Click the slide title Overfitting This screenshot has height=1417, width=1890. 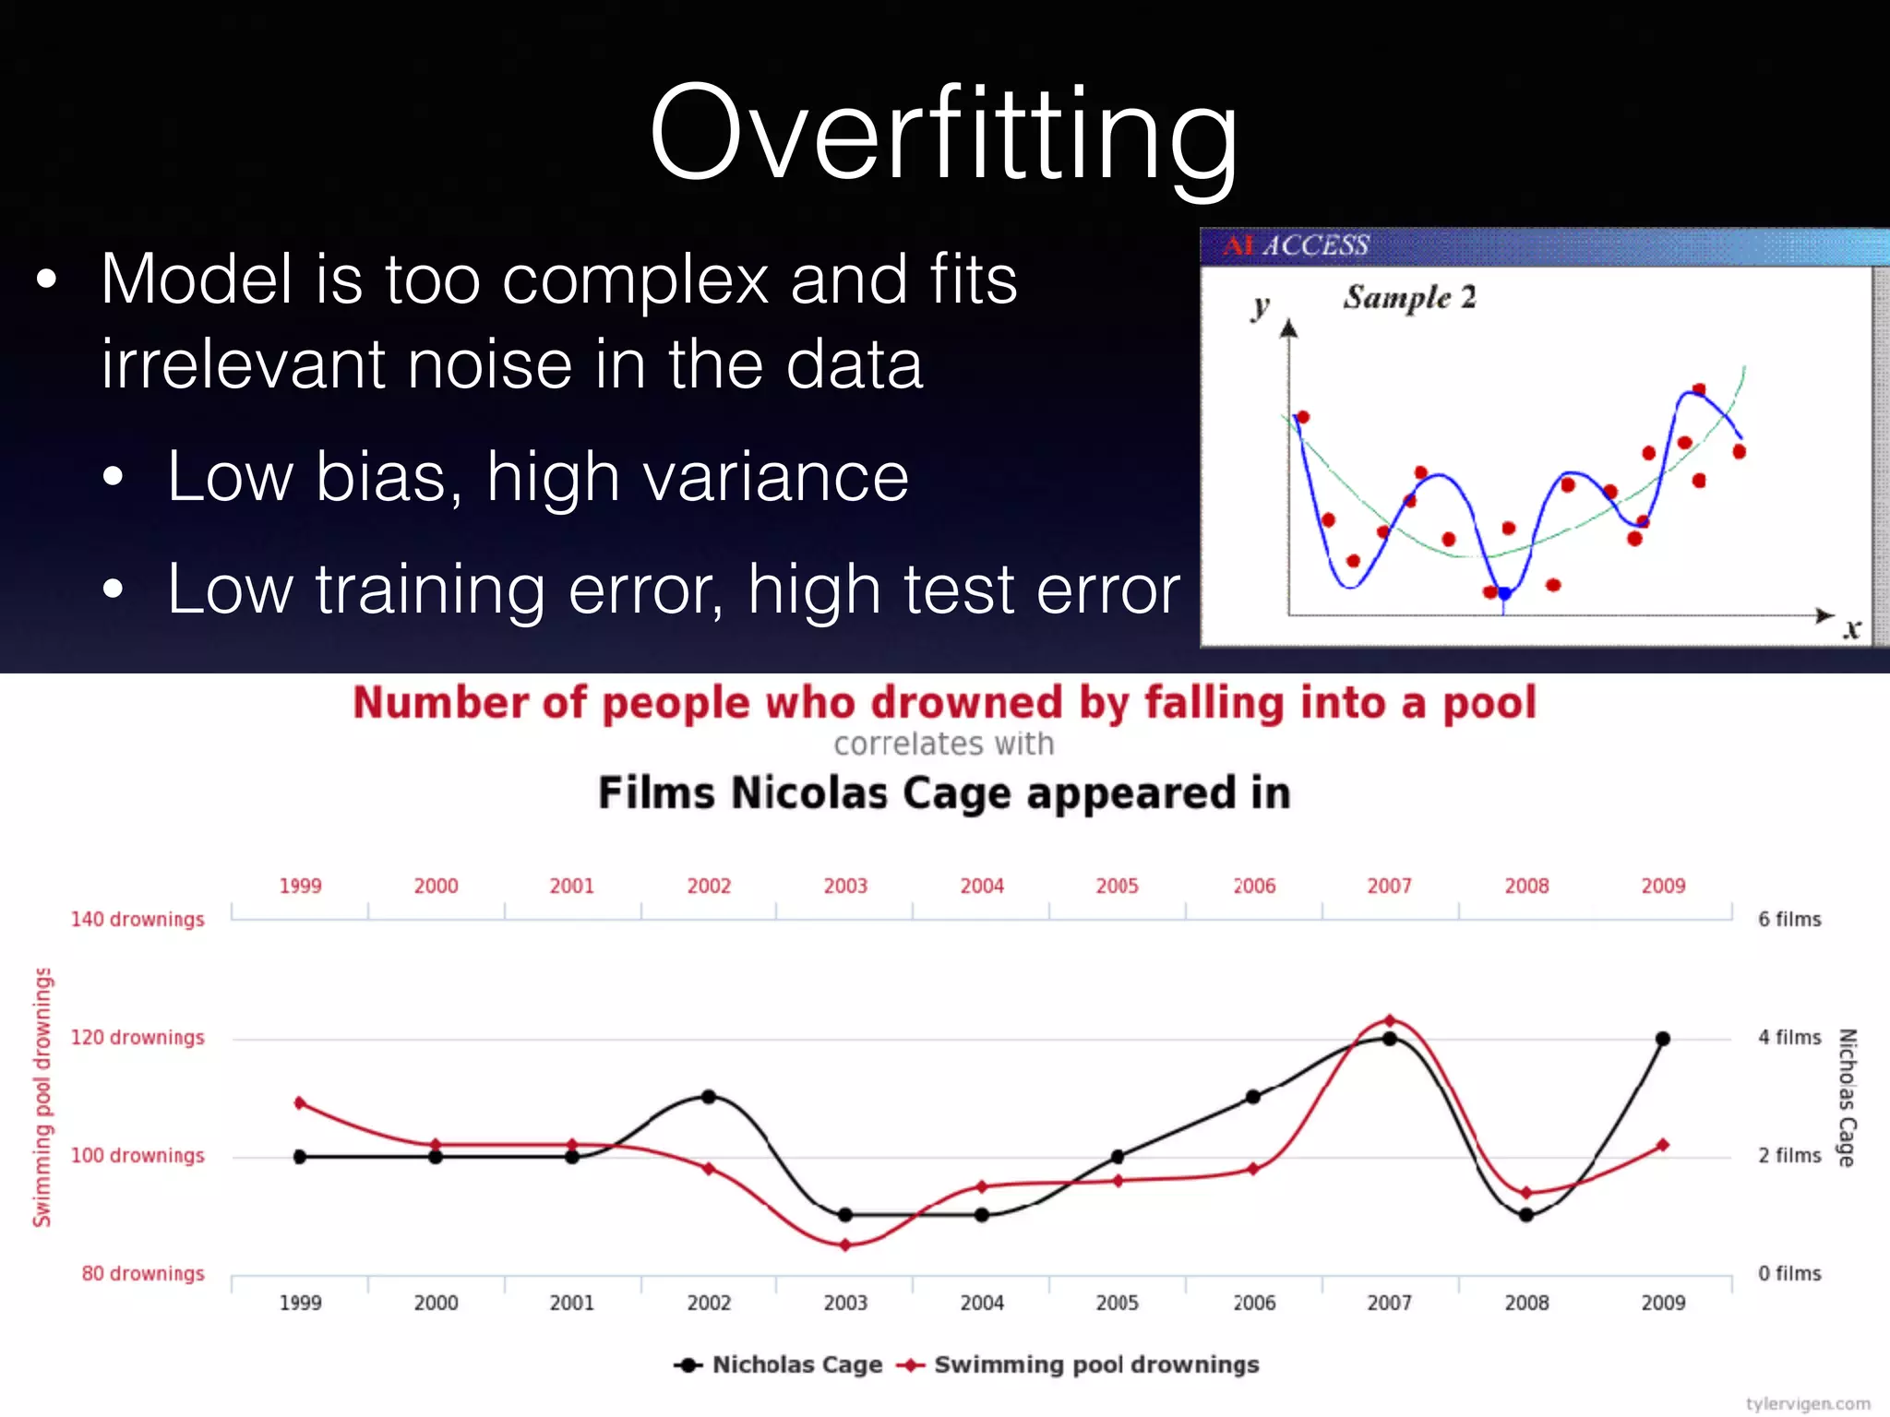pyautogui.click(x=943, y=134)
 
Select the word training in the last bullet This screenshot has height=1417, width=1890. pyautogui.click(x=431, y=589)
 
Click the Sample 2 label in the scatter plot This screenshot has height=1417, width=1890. pyautogui.click(x=1409, y=297)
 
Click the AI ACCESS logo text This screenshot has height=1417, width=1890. pyautogui.click(x=1296, y=245)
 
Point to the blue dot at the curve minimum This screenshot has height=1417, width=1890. pyautogui.click(x=1504, y=593)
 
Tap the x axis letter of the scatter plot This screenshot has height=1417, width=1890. pyautogui.click(x=1851, y=630)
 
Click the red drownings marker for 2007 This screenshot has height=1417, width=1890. pyautogui.click(x=1390, y=1020)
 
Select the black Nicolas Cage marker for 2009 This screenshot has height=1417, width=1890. pyautogui.click(x=1663, y=1039)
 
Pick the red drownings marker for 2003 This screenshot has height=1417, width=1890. pyautogui.click(x=845, y=1245)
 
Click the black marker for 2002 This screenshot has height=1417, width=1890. pyautogui.click(x=709, y=1097)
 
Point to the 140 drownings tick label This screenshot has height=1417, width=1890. pyautogui.click(x=138, y=920)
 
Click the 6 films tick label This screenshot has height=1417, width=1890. pyautogui.click(x=1789, y=920)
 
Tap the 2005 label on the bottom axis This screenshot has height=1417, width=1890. pyautogui.click(x=1117, y=1303)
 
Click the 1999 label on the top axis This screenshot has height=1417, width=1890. pyautogui.click(x=300, y=887)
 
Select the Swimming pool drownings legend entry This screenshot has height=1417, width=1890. pyautogui.click(x=1095, y=1364)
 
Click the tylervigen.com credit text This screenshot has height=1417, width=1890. pyautogui.click(x=1807, y=1403)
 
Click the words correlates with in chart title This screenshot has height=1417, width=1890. pyautogui.click(x=943, y=744)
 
